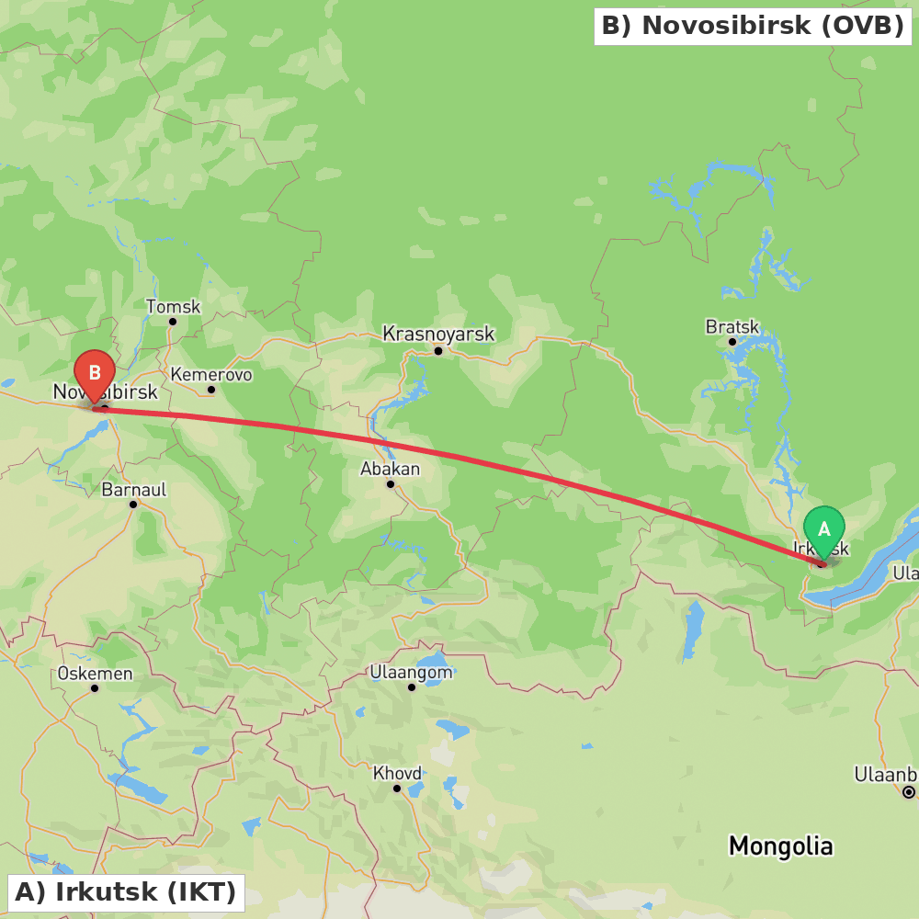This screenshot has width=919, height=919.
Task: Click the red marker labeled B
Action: pyautogui.click(x=94, y=374)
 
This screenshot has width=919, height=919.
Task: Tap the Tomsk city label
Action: pyautogui.click(x=173, y=306)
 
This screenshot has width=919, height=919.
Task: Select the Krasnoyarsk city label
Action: pyautogui.click(x=438, y=334)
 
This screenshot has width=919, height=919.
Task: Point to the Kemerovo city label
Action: pyautogui.click(x=210, y=374)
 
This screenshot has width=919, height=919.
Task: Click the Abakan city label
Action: pyautogui.click(x=390, y=469)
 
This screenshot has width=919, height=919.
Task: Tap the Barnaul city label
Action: pyautogui.click(x=134, y=490)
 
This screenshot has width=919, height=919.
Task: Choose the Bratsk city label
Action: pyautogui.click(x=732, y=326)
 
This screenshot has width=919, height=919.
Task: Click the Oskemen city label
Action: pyautogui.click(x=95, y=673)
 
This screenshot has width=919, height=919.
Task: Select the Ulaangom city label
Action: pyautogui.click(x=411, y=672)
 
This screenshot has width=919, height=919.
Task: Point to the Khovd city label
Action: pyautogui.click(x=397, y=773)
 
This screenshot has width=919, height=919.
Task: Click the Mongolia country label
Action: pyautogui.click(x=780, y=845)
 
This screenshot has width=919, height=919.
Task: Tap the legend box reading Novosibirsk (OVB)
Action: pyautogui.click(x=753, y=26)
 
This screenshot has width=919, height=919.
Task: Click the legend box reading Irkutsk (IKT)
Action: pyautogui.click(x=126, y=891)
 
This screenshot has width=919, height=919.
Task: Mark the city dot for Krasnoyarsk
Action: pyautogui.click(x=438, y=351)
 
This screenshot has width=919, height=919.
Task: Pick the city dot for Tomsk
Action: pyautogui.click(x=172, y=321)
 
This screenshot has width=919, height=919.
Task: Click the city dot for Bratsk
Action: pyautogui.click(x=732, y=342)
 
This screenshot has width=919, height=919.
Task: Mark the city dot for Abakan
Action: pyautogui.click(x=390, y=484)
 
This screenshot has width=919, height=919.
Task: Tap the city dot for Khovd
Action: pyautogui.click(x=397, y=789)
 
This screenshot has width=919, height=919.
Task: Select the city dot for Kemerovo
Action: pyautogui.click(x=210, y=390)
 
